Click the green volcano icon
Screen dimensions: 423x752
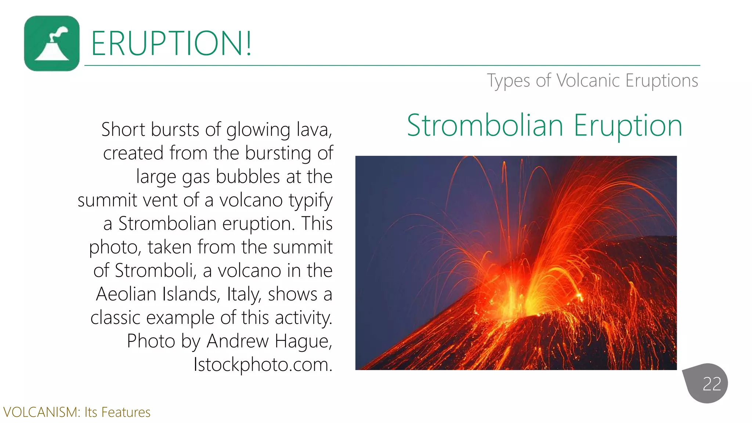pos(52,43)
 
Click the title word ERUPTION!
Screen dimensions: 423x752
pos(171,43)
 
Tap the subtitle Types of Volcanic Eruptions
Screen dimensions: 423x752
pos(592,80)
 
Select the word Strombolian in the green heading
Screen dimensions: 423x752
pos(485,126)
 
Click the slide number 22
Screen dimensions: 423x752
pos(711,384)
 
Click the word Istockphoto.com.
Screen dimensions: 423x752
pos(263,365)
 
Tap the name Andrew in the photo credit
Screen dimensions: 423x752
pos(238,341)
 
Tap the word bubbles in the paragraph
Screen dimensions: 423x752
pos(248,177)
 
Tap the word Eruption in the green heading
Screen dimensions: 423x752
pos(628,126)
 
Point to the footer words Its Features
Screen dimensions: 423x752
pos(117,412)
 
